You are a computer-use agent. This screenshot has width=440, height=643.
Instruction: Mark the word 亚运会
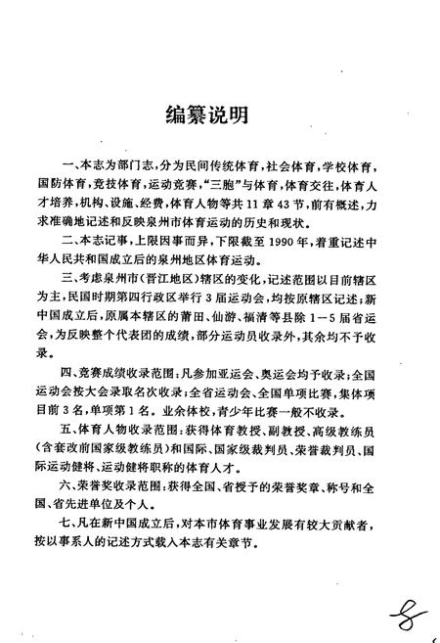[237, 344]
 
